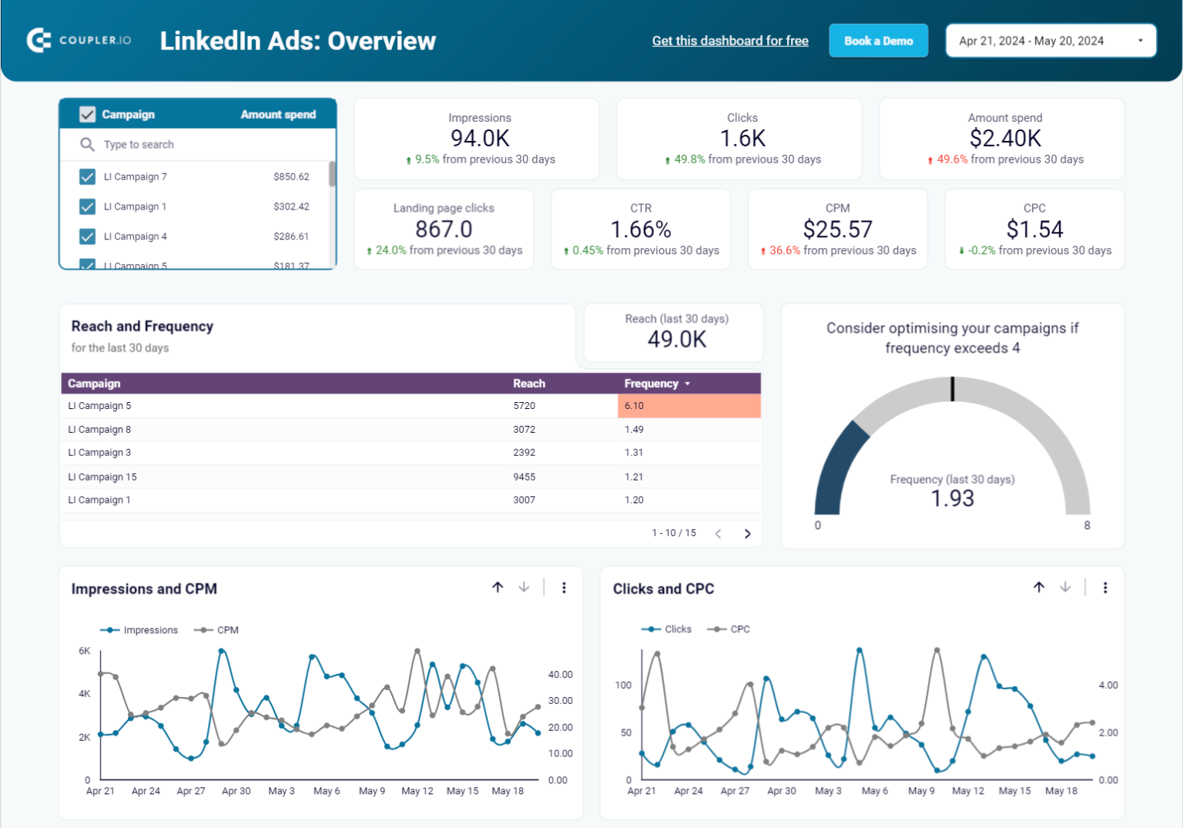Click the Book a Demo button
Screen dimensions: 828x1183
pos(878,41)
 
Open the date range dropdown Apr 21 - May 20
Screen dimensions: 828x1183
pos(1050,41)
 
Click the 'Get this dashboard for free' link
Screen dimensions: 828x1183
pos(729,41)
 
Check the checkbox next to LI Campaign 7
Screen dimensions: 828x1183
pos(87,177)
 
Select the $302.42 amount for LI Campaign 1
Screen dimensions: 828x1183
pos(291,206)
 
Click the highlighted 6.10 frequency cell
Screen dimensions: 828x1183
pos(688,406)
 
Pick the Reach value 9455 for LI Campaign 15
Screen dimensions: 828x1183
pos(524,477)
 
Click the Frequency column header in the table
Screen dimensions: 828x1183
pos(652,384)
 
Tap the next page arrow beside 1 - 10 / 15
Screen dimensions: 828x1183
pos(747,534)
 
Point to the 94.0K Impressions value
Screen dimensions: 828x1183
pos(480,139)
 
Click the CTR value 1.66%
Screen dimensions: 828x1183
pos(640,230)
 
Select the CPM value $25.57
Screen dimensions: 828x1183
pos(837,230)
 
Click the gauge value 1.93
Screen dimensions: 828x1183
pos(952,499)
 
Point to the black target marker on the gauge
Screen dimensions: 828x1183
pos(953,389)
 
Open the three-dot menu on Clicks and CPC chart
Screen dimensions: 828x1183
pos(1105,588)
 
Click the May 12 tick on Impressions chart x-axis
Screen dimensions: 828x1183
pos(417,791)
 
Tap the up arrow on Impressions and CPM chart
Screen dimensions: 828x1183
pos(498,588)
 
